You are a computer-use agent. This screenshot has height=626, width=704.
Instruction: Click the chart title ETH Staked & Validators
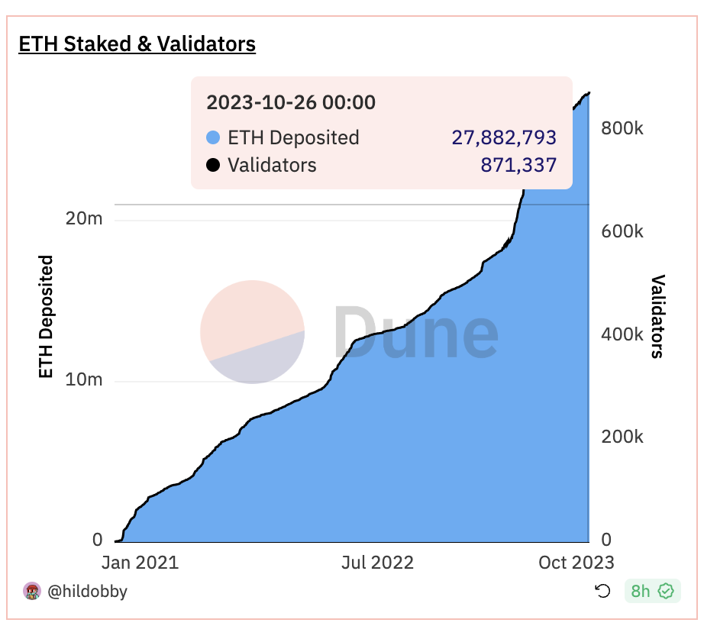coord(137,44)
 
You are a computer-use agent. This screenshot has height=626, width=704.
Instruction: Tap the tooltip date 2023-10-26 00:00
coord(291,102)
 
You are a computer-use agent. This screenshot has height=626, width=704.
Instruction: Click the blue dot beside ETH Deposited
coord(213,138)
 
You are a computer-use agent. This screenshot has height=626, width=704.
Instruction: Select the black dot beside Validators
coord(213,165)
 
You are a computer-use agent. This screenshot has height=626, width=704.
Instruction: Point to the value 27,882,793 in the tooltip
coord(504,138)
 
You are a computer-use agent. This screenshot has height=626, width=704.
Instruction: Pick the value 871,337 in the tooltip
coord(518,165)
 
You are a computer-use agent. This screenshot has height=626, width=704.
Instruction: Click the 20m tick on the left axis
coord(84,220)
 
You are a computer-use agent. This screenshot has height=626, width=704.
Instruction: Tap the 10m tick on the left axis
coord(84,380)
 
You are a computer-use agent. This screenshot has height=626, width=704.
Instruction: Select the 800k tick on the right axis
coord(622,128)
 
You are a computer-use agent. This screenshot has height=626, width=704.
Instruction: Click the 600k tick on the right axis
coord(622,231)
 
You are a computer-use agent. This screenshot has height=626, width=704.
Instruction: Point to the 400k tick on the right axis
coord(622,334)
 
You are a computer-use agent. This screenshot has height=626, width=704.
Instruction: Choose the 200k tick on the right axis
coord(622,437)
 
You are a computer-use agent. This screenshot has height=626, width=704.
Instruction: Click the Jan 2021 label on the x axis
coord(140,563)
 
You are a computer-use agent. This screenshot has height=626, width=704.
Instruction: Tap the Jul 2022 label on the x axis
coord(377,563)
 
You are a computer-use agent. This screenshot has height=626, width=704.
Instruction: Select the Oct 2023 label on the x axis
coord(576,563)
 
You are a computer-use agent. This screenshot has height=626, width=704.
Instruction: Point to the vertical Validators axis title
coord(657,316)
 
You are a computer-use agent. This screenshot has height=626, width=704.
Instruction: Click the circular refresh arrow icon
coord(602,591)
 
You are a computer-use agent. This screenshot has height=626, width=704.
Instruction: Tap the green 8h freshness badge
coord(652,591)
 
